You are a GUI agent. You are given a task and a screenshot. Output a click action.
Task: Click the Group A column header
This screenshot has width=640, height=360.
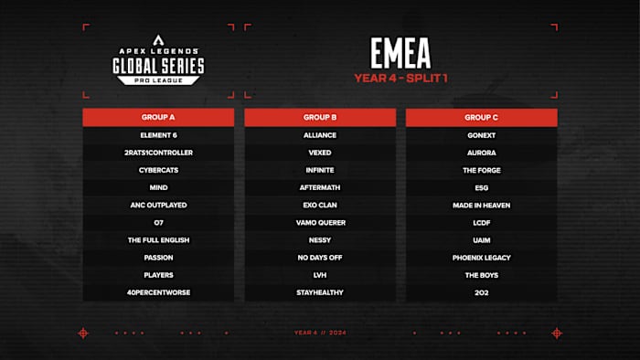(x=158, y=117)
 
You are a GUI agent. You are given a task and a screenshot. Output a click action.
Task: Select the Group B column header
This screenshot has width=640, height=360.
(x=320, y=117)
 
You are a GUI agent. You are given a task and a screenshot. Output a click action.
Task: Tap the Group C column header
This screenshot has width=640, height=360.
(x=481, y=117)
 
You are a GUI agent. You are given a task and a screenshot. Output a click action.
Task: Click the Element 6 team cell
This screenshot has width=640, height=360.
(x=158, y=135)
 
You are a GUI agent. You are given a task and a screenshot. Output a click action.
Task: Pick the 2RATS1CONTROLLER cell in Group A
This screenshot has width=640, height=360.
(x=158, y=153)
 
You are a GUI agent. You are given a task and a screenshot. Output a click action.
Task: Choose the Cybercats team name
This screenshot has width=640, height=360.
(x=158, y=170)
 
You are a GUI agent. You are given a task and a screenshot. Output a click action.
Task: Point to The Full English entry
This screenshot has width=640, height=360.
(x=158, y=239)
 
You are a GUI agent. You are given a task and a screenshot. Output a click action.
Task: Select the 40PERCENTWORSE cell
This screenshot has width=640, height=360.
(x=158, y=291)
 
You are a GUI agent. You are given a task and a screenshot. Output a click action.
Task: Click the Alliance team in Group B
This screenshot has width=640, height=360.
(x=320, y=135)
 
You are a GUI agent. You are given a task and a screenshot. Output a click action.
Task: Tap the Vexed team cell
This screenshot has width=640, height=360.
(x=320, y=153)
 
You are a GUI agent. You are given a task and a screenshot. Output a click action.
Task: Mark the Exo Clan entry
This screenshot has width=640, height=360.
(x=320, y=205)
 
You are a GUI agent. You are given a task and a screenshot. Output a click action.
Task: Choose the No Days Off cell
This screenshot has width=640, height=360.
(x=320, y=257)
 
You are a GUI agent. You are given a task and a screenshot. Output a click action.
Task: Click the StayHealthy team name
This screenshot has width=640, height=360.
(x=320, y=291)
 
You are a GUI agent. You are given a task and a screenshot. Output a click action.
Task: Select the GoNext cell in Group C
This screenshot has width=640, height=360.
(x=481, y=135)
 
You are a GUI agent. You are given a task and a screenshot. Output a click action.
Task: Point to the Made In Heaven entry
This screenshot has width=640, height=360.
(x=481, y=205)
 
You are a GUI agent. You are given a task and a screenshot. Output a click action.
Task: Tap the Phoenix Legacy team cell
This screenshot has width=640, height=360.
(x=481, y=257)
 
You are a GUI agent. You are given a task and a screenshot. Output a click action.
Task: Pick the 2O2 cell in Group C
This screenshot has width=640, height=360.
(x=481, y=291)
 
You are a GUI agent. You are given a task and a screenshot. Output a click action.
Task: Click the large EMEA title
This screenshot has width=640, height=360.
(x=400, y=52)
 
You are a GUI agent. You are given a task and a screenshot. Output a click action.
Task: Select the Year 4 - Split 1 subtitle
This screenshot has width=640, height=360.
(x=400, y=78)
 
